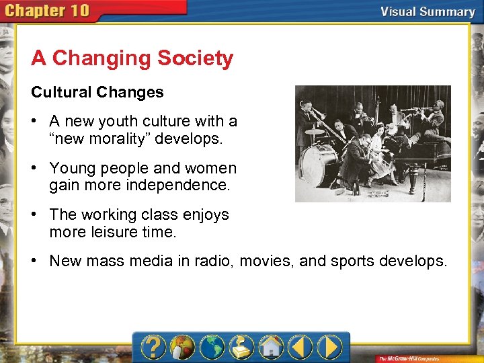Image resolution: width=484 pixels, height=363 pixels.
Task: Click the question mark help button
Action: (x=153, y=347)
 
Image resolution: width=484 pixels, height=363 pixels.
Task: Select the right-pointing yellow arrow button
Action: (x=330, y=347)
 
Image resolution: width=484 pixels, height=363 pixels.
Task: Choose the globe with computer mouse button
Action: (x=182, y=347)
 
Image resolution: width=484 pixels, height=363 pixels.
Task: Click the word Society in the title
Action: (x=195, y=58)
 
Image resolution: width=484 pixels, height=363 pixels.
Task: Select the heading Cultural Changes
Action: (x=97, y=92)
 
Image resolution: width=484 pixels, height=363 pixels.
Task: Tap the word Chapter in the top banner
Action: (x=37, y=11)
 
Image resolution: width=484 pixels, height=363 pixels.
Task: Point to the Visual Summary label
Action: (x=428, y=11)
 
